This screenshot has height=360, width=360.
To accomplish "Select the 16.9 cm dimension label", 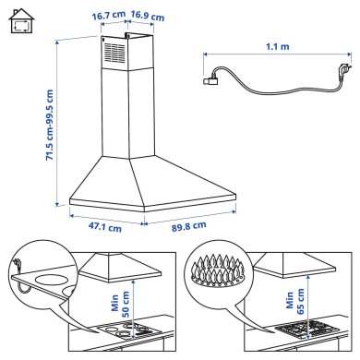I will click(x=148, y=16).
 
